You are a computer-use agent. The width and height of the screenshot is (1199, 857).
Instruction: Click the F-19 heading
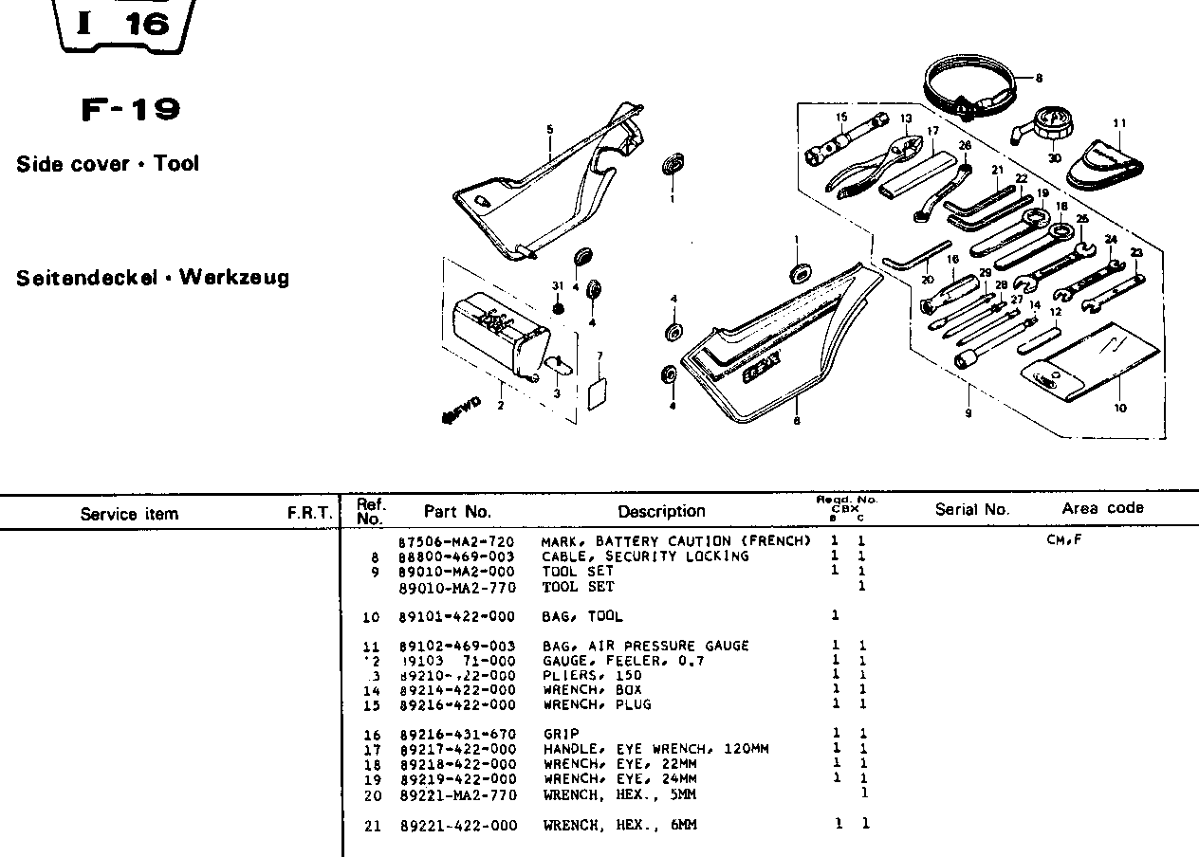click(130, 110)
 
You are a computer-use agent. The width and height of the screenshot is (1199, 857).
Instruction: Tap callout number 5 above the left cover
click(549, 129)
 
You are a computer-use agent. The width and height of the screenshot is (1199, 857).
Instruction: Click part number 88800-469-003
click(457, 556)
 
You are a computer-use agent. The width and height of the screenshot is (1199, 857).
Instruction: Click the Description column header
click(661, 512)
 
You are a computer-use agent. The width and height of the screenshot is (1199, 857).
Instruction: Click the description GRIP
click(561, 734)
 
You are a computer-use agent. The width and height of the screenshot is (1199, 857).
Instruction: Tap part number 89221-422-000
click(458, 826)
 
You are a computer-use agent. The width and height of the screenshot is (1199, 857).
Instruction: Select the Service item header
click(129, 515)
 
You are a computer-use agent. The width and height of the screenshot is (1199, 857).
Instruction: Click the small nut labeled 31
click(559, 308)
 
